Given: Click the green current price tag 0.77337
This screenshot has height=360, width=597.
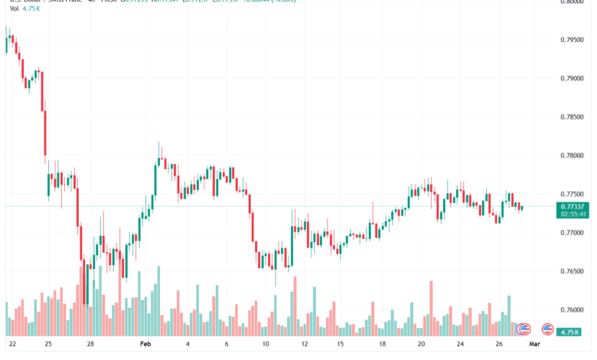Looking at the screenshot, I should coord(574,206).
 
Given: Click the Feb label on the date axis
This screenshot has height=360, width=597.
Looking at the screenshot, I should coord(148,345).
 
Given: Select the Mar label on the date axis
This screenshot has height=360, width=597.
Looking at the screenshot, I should coord(535,345).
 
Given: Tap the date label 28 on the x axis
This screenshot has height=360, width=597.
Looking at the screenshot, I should coord(90,345).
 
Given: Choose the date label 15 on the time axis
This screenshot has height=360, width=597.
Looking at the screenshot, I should coord(338,345).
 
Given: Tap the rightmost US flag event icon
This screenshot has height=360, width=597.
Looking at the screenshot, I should coord(548,329).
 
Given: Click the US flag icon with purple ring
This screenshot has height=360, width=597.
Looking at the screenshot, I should coord(524,329).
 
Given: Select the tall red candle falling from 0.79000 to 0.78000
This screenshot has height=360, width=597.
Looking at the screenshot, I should coord(45,135).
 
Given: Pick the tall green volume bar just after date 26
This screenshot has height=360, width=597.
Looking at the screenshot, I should coord(508,315).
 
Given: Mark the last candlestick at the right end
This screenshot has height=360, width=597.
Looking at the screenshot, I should coord(521,207).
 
